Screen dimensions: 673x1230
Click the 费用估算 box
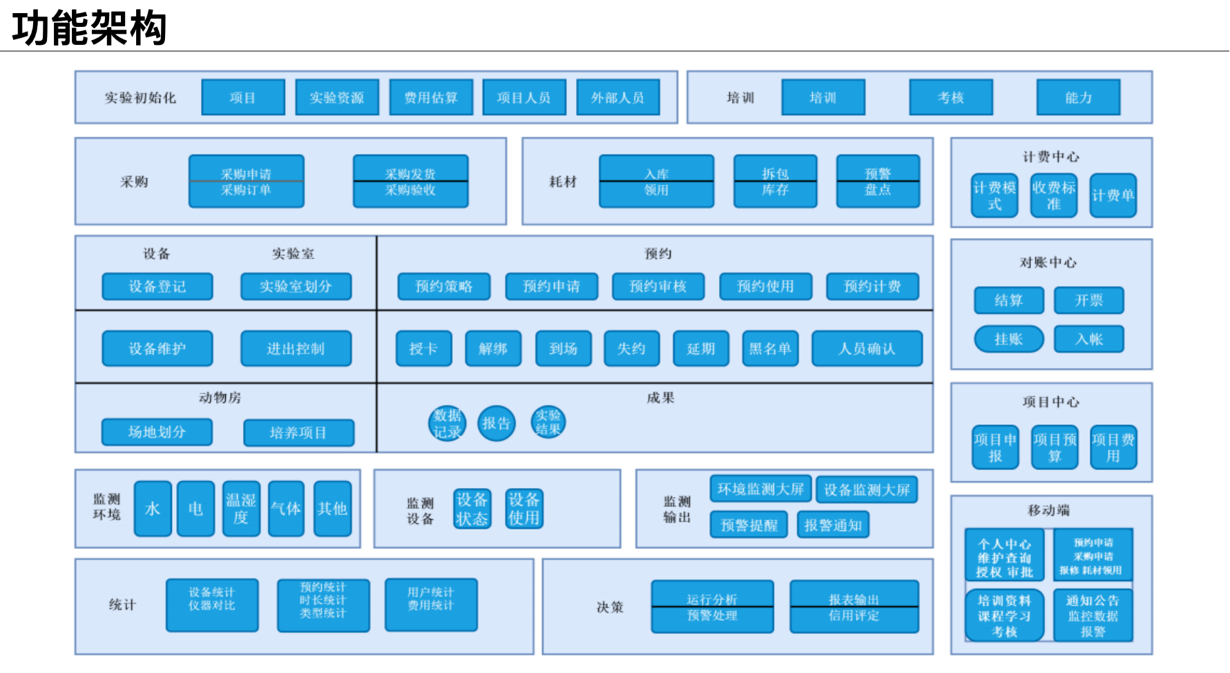point(431,97)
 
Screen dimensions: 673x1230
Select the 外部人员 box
point(617,97)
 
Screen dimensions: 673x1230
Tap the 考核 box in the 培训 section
point(950,97)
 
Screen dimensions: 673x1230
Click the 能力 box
point(1078,97)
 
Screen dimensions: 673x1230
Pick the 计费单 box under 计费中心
point(1113,195)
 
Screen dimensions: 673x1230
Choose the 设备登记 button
point(157,286)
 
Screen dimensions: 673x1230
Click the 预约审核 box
point(658,286)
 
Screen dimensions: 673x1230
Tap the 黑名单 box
point(770,349)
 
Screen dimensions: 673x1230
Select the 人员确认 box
point(867,349)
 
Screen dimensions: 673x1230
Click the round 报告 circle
point(496,423)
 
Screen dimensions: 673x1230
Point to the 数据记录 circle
point(447,424)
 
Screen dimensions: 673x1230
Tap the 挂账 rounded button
point(1008,339)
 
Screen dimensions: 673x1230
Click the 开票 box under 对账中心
point(1088,300)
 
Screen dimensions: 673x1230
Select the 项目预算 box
point(1054,447)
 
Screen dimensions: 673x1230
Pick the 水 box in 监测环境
point(153,509)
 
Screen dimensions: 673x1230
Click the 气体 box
point(286,509)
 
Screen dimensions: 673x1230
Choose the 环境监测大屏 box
point(760,489)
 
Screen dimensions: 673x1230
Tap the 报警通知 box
point(833,525)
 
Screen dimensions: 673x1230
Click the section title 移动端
point(1048,510)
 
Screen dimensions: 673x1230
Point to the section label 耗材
point(562,182)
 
